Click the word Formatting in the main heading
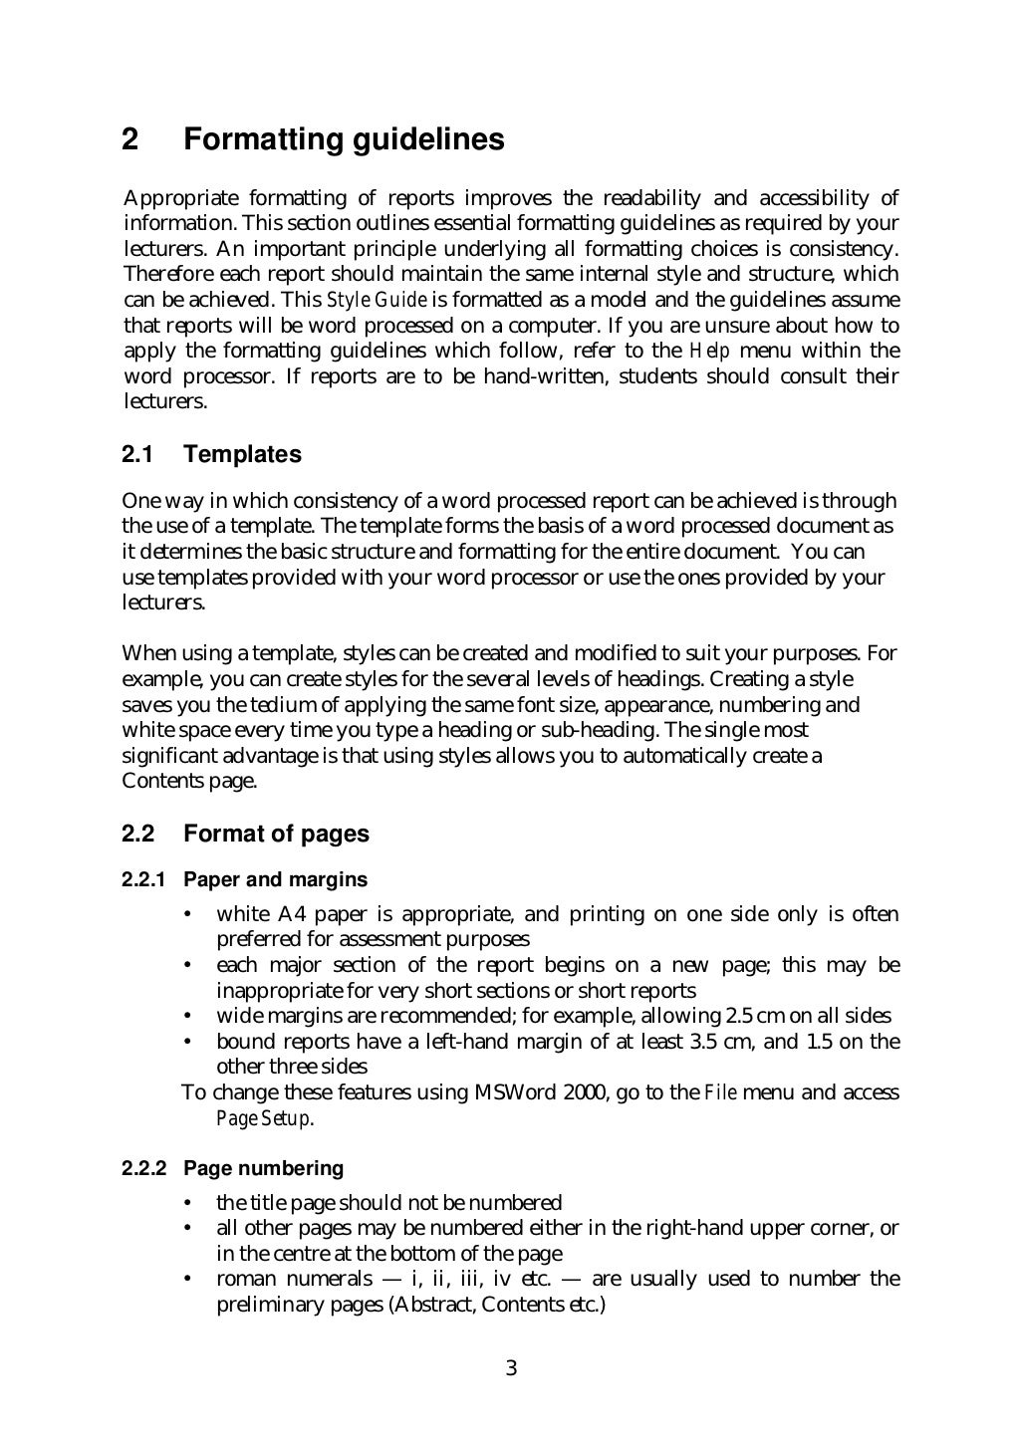(x=263, y=140)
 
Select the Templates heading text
(x=242, y=455)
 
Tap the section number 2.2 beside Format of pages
(x=136, y=835)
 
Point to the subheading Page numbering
(x=263, y=1168)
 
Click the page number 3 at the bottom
(x=511, y=1368)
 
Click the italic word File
(x=719, y=1092)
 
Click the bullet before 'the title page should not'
(x=188, y=1203)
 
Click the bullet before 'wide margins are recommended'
(x=188, y=1016)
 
